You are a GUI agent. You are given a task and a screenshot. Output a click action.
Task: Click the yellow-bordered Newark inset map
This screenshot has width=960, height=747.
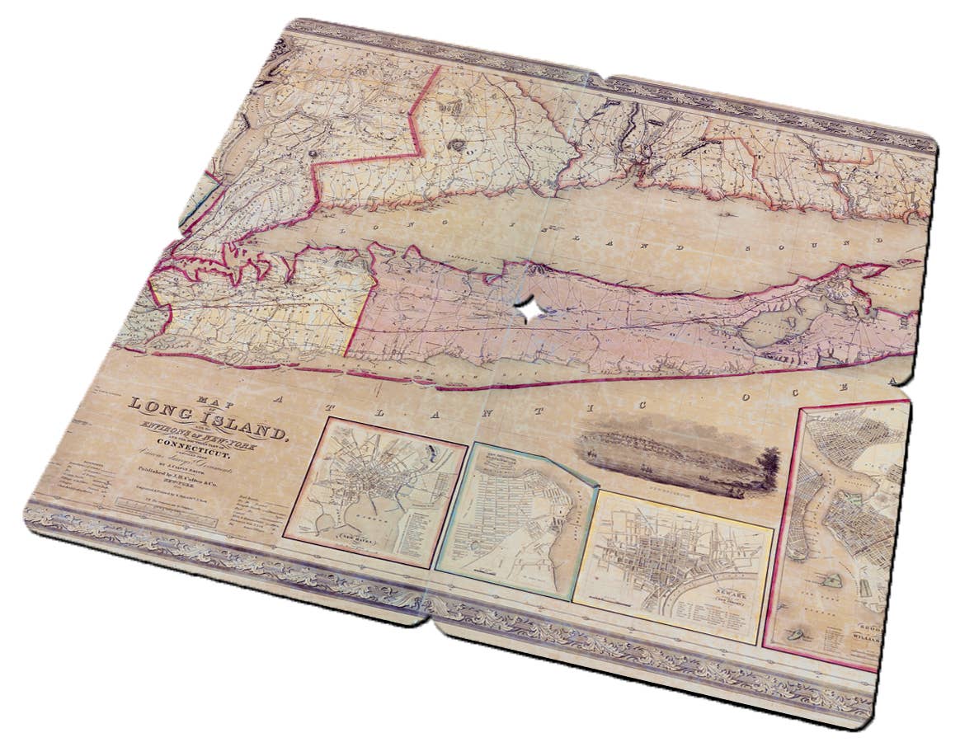pos(672,561)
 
